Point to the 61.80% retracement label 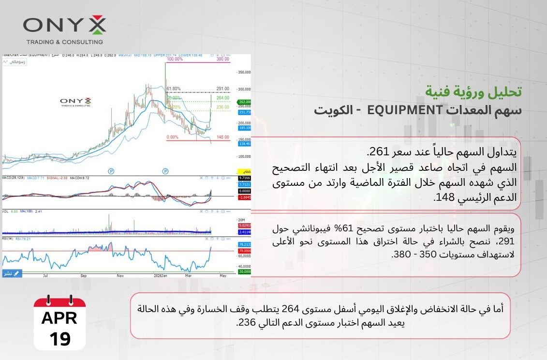(x=173, y=89)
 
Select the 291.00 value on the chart (x=222, y=89)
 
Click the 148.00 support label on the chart (x=222, y=137)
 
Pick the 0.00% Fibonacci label (x=172, y=137)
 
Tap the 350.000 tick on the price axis (x=245, y=72)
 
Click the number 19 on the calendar (x=59, y=339)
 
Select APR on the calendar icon (x=59, y=318)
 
